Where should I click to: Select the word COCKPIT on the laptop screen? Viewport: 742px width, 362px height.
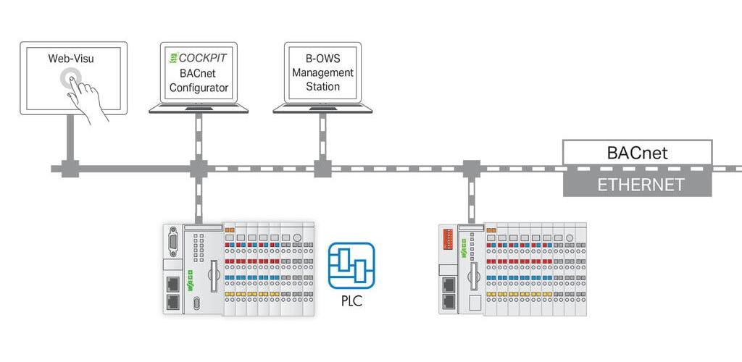[x=203, y=58]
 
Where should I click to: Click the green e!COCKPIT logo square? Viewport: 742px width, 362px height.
[x=174, y=58]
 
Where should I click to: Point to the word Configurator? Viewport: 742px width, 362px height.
[x=199, y=88]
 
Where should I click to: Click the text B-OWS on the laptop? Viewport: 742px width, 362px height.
[x=322, y=59]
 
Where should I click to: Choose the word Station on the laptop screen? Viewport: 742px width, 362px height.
[x=322, y=87]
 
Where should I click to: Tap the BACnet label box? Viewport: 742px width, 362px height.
[x=637, y=153]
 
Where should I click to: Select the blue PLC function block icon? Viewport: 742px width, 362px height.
[x=351, y=266]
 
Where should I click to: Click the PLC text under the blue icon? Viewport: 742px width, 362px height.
[x=351, y=301]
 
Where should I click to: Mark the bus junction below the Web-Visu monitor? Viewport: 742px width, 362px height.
[x=70, y=169]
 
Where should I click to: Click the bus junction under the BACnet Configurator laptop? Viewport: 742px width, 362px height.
[x=199, y=169]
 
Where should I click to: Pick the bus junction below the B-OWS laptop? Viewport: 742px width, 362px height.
[x=322, y=169]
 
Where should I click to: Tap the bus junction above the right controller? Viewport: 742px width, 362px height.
[x=471, y=169]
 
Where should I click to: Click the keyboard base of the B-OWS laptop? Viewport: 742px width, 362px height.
[x=322, y=109]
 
